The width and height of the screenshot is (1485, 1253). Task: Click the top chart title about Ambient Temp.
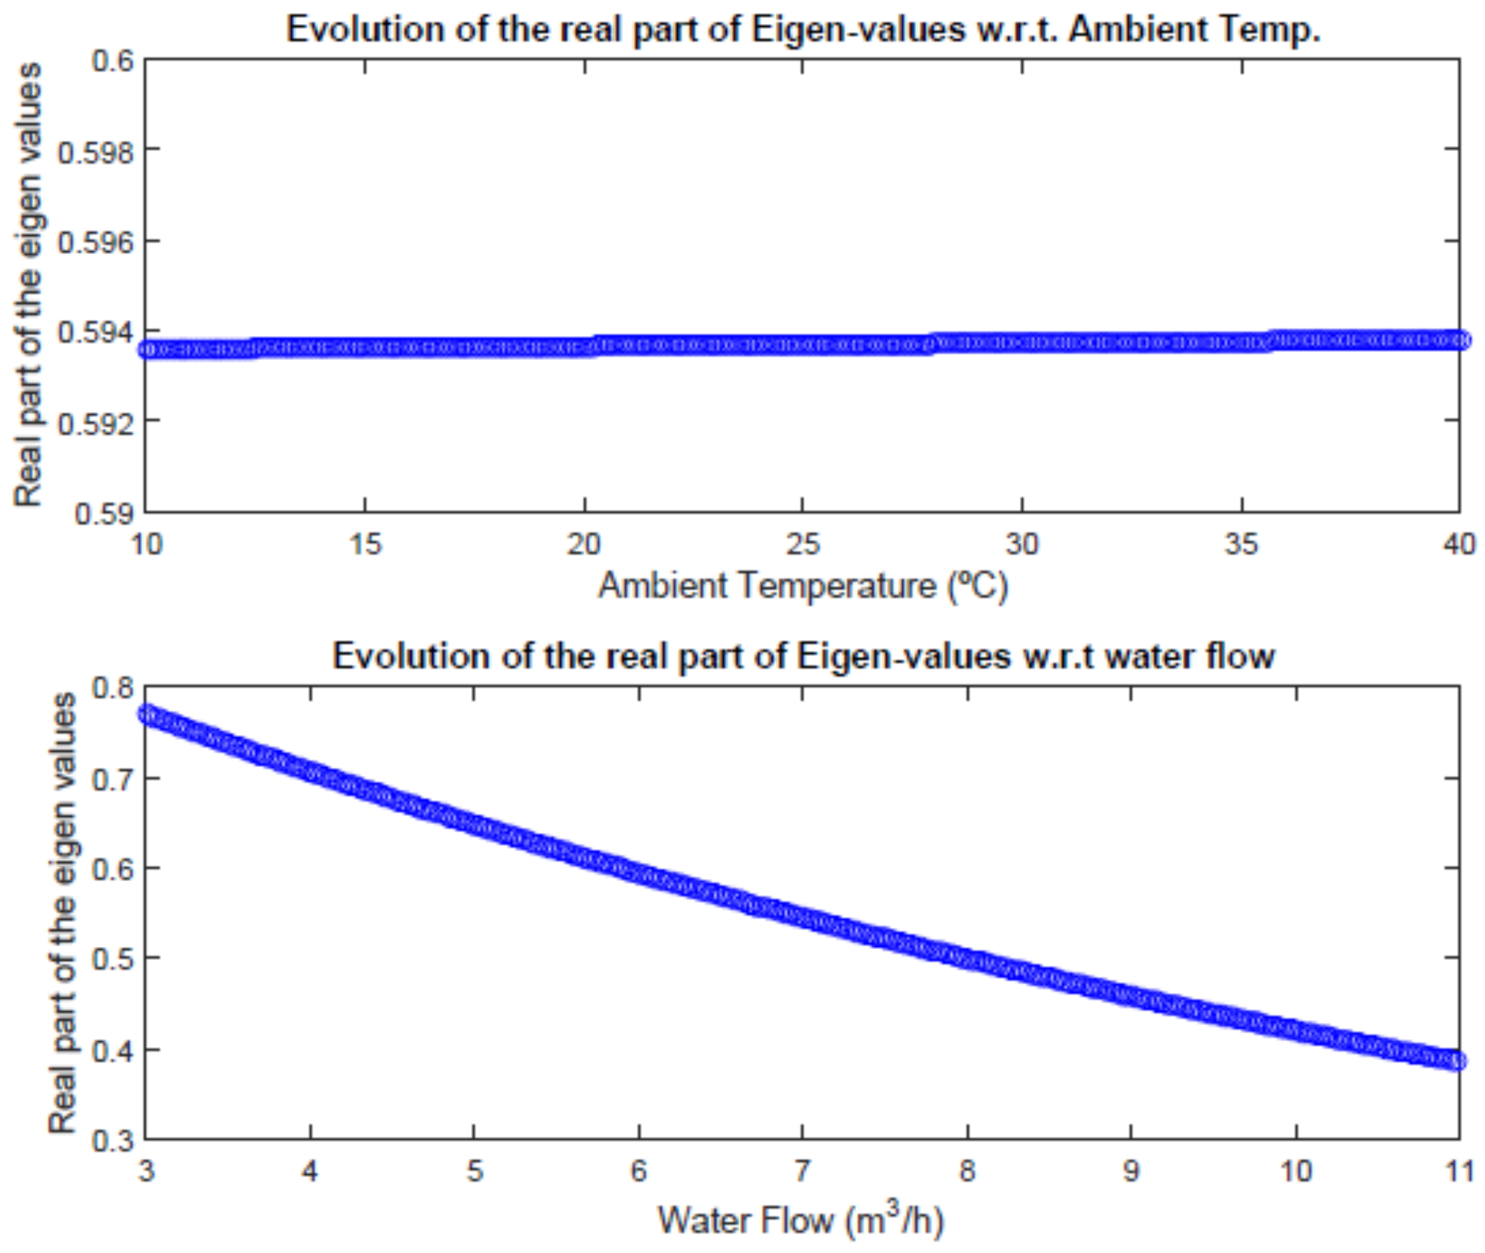click(803, 30)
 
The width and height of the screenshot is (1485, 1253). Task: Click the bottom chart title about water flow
click(803, 656)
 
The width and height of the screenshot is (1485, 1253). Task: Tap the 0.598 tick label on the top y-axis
click(95, 151)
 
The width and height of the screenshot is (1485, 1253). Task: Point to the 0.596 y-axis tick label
click(95, 242)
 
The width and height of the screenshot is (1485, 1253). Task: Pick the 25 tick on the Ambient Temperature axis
click(803, 545)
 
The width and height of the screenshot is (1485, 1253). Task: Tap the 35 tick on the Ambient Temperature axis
click(1241, 545)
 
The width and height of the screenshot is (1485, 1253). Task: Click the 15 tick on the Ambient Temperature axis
click(365, 545)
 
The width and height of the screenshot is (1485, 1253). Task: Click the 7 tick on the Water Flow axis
click(802, 1170)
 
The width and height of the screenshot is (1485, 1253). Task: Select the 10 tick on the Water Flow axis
click(1295, 1170)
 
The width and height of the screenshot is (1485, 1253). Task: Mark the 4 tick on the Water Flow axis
click(310, 1170)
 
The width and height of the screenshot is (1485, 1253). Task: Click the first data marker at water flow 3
click(147, 714)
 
